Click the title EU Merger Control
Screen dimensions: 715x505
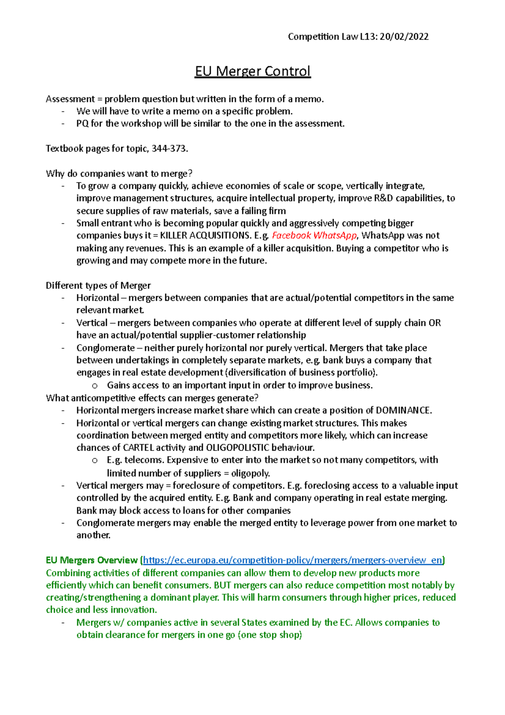[x=252, y=71]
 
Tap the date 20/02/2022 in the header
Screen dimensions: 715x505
[x=404, y=37]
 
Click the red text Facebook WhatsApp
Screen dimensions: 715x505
[x=314, y=235]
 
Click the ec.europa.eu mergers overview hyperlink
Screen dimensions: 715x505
[x=293, y=560]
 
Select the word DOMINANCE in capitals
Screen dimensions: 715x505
[x=403, y=411]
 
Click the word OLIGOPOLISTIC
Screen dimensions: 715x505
[x=237, y=448]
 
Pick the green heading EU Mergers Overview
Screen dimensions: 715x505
[x=92, y=560]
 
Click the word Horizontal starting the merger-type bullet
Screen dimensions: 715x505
[x=98, y=298]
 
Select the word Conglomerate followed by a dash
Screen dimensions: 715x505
[x=106, y=348]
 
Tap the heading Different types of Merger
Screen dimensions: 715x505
[x=98, y=285]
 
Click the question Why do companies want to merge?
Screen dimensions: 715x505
[x=119, y=173]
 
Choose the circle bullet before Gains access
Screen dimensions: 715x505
[x=95, y=386]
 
